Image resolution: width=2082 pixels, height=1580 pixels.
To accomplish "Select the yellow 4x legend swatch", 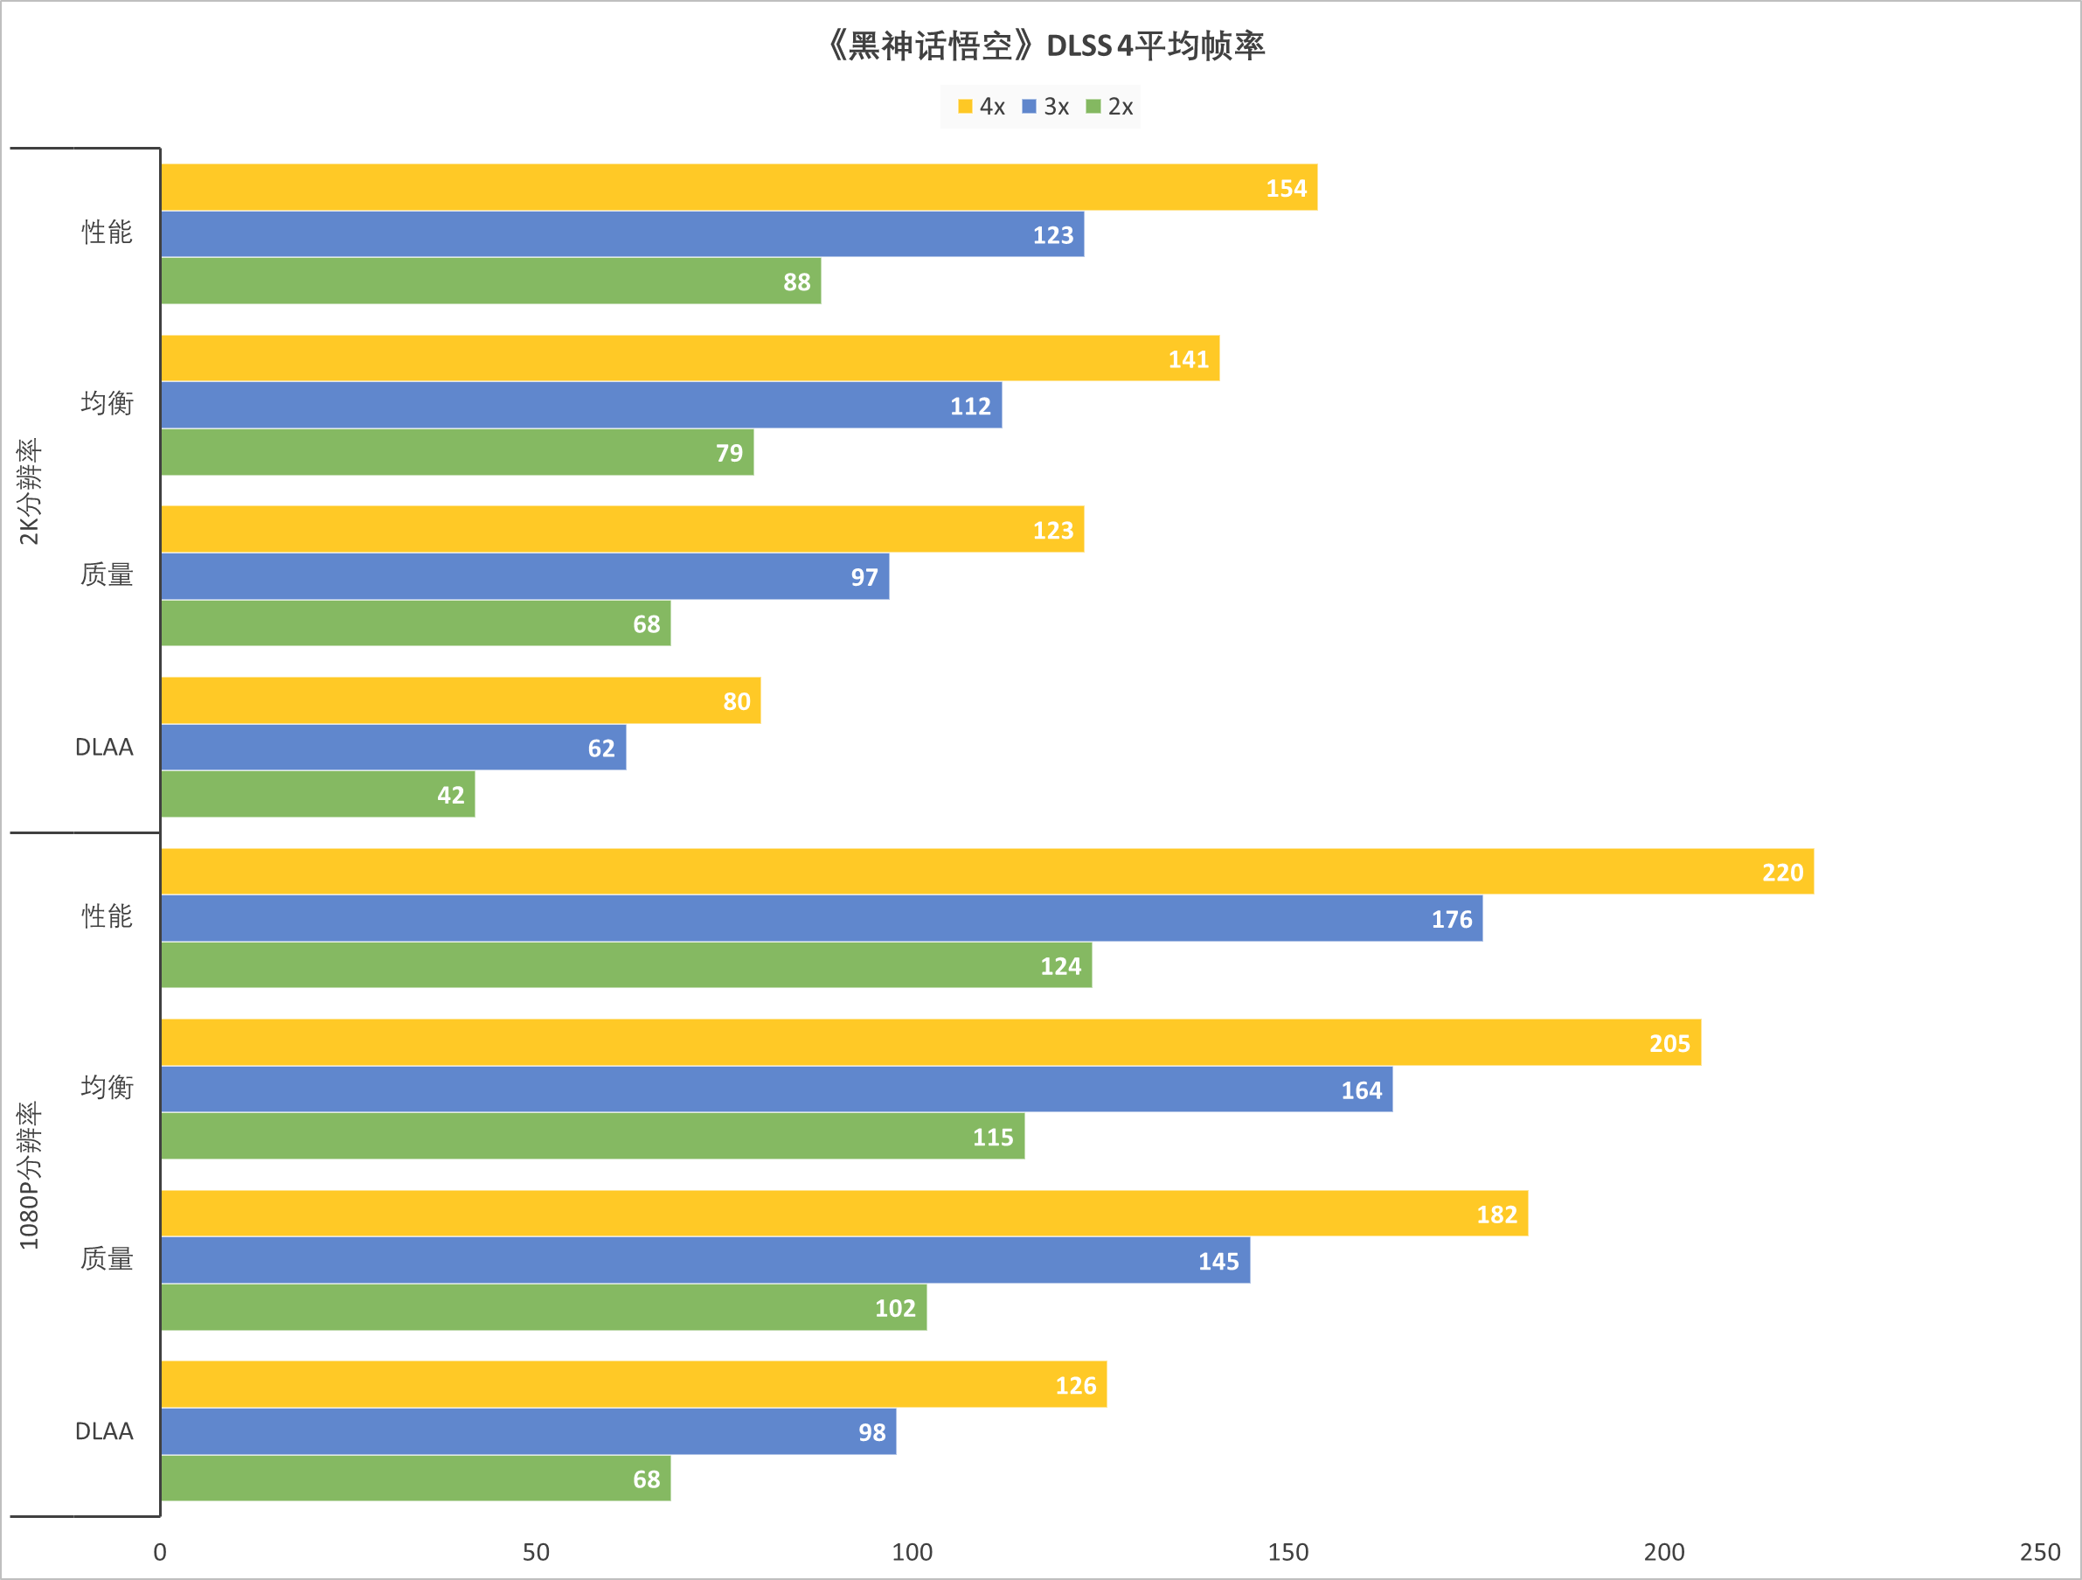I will pyautogui.click(x=965, y=107).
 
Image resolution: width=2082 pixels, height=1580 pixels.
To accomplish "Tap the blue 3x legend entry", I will pyautogui.click(x=1045, y=107).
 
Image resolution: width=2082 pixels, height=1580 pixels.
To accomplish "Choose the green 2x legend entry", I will pyautogui.click(x=1110, y=107).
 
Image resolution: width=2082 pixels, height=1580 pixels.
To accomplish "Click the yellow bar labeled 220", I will pyautogui.click(x=987, y=871).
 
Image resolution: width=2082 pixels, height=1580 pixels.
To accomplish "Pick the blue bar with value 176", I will pyautogui.click(x=821, y=918).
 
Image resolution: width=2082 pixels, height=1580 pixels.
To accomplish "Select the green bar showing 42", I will pyautogui.click(x=317, y=794).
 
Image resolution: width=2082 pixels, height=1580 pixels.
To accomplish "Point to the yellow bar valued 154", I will pyautogui.click(x=739, y=187).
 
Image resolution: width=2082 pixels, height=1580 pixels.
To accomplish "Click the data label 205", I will pyautogui.click(x=1669, y=1043).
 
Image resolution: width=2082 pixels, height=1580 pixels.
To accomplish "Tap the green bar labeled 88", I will pyautogui.click(x=490, y=281).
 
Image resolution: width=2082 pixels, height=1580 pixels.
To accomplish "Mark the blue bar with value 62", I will pyautogui.click(x=392, y=747).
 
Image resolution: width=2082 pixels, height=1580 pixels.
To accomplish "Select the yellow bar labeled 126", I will pyautogui.click(x=634, y=1384).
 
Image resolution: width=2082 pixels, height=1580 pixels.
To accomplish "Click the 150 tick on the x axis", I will pyautogui.click(x=1287, y=1552).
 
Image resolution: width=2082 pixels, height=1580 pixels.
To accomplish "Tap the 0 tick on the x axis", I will pyautogui.click(x=160, y=1552).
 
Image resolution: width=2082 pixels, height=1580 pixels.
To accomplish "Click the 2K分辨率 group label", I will pyautogui.click(x=29, y=491).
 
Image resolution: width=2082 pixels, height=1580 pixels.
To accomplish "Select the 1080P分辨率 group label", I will pyautogui.click(x=29, y=1175).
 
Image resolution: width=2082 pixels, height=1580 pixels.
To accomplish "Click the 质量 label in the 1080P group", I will pyautogui.click(x=107, y=1259).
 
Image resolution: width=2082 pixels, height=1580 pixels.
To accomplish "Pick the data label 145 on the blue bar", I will pyautogui.click(x=1218, y=1261).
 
